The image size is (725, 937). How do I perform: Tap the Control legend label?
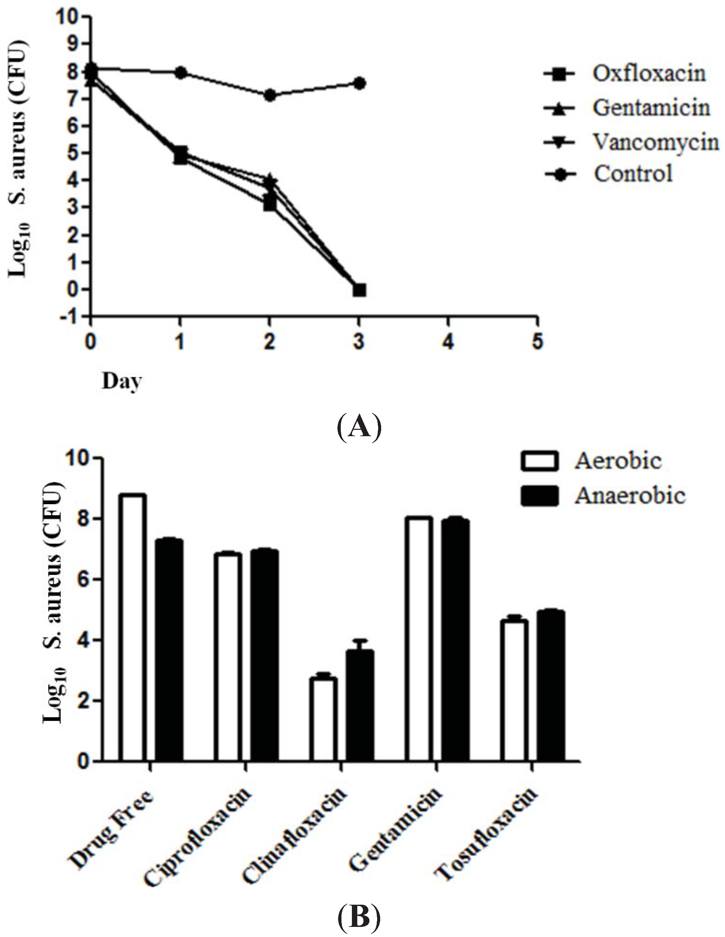click(633, 174)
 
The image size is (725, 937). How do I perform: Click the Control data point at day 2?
click(270, 95)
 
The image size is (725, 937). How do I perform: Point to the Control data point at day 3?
click(360, 83)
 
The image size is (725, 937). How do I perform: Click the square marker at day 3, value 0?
click(360, 290)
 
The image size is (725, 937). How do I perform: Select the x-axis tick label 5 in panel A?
click(537, 342)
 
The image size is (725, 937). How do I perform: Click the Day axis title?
click(121, 381)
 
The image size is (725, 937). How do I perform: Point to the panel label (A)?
click(358, 426)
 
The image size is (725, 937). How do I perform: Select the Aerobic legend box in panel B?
click(539, 461)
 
